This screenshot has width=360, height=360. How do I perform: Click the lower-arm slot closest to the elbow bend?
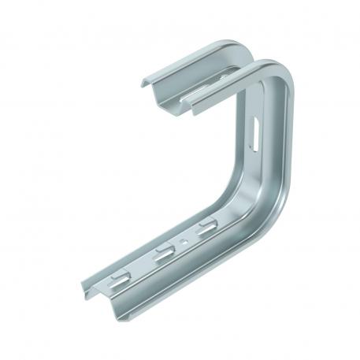pos(206,229)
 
